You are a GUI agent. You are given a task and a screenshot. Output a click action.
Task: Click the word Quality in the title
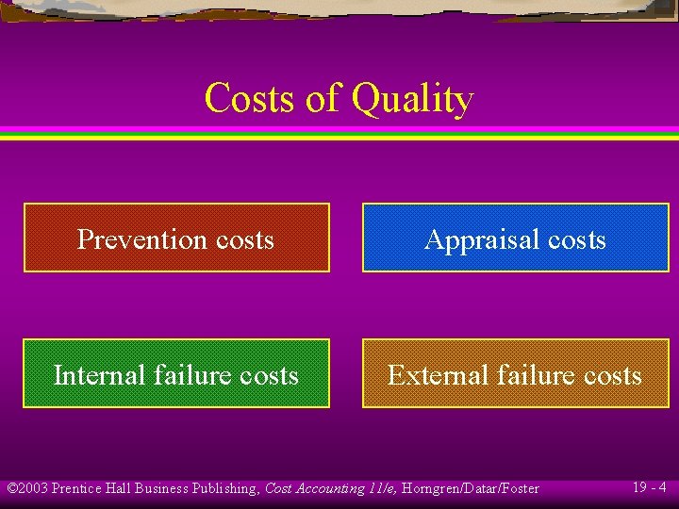[412, 99]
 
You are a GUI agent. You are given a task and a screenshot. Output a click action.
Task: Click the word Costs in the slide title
[249, 97]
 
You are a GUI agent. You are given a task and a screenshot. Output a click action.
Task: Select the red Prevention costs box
[176, 238]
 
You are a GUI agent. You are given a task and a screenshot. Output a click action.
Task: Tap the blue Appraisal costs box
[516, 238]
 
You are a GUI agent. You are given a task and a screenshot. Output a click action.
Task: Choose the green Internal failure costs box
[176, 373]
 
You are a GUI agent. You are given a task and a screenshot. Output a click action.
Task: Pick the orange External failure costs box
[516, 373]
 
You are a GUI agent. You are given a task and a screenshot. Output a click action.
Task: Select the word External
[429, 375]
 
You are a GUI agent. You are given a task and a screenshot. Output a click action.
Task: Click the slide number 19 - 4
[649, 487]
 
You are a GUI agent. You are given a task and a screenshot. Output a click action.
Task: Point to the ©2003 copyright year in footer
[27, 488]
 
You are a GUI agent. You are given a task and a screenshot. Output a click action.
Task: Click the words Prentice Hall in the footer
[91, 488]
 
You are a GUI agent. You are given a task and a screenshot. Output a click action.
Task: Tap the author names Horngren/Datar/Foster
[471, 488]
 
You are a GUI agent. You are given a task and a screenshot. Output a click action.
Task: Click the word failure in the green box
[184, 375]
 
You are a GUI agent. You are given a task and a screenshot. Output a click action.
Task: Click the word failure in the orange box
[524, 375]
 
